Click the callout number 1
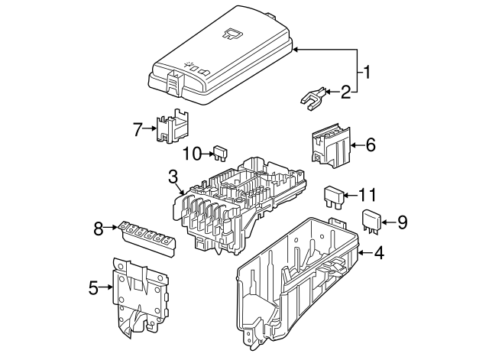pyautogui.click(x=368, y=73)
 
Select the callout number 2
pyautogui.click(x=345, y=92)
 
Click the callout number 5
pyautogui.click(x=93, y=288)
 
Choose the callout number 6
pyautogui.click(x=371, y=144)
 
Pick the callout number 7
pyautogui.click(x=138, y=129)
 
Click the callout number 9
pyautogui.click(x=402, y=222)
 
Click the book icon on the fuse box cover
pyautogui.click(x=232, y=32)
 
